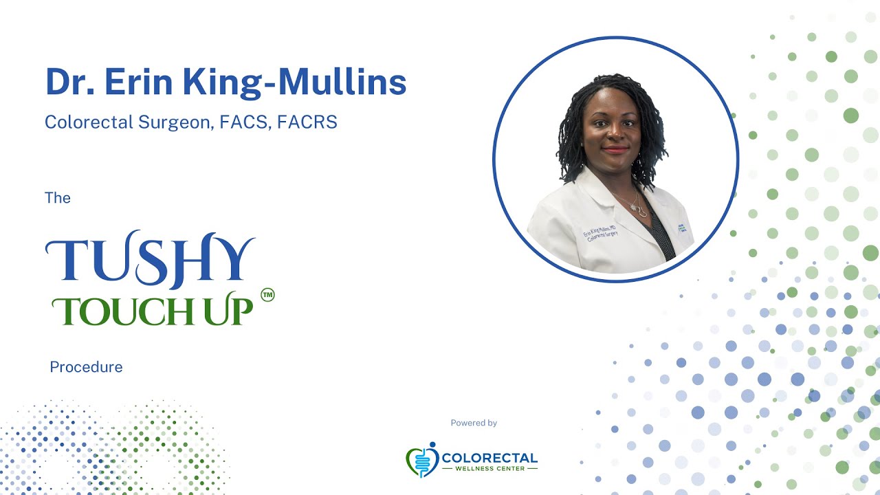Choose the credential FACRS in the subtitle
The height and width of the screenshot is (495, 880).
[307, 122]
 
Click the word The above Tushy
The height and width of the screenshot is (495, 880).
[58, 198]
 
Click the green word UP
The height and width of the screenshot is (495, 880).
[232, 311]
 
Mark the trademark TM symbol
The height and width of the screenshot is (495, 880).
[267, 296]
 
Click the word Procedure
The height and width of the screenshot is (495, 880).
[86, 367]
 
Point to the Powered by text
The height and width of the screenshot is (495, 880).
[474, 423]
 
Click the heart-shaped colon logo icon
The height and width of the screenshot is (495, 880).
[421, 460]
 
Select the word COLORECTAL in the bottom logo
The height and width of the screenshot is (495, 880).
[490, 458]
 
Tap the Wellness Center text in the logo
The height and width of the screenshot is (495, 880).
[490, 469]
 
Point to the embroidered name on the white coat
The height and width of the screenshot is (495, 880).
[599, 234]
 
